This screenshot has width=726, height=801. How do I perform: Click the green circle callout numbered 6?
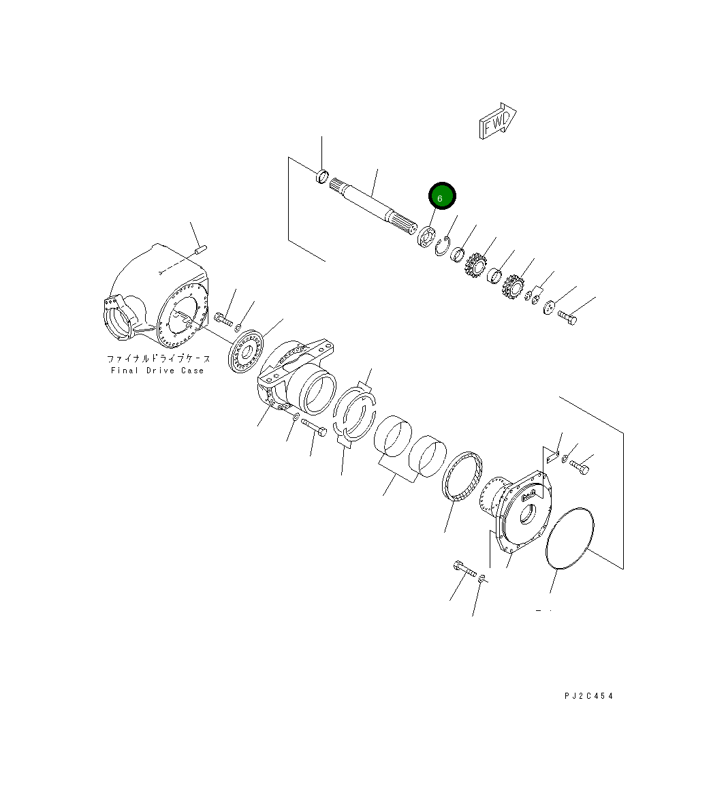click(441, 197)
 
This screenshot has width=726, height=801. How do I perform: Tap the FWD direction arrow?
click(498, 122)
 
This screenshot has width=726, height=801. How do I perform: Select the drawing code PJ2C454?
click(588, 696)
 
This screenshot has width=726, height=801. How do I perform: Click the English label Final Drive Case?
click(157, 371)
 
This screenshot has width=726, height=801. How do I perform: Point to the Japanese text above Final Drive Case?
click(158, 358)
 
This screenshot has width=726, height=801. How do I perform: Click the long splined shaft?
click(371, 207)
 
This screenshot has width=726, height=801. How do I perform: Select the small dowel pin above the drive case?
click(200, 251)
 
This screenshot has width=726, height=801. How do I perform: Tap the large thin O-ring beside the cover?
click(570, 537)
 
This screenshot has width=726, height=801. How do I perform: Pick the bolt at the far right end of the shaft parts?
click(567, 317)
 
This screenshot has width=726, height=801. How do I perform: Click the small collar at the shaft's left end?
click(323, 176)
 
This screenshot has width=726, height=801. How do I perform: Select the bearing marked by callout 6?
click(426, 239)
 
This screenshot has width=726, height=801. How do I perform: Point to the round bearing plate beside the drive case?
click(247, 351)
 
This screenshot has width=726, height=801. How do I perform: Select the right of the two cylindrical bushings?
click(428, 456)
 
